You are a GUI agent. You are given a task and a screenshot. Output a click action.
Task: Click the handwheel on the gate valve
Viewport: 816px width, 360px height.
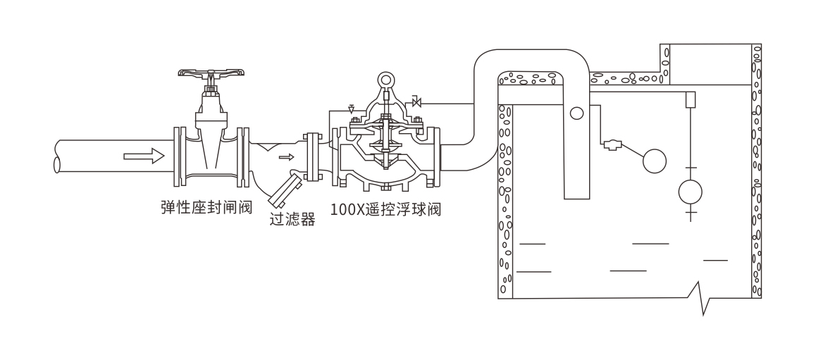[212, 73]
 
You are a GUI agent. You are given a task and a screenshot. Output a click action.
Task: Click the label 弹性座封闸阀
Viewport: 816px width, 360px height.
[206, 207]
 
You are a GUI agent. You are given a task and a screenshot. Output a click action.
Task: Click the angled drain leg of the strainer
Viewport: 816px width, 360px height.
[285, 192]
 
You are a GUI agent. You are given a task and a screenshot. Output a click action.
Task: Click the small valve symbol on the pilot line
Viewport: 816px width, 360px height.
[416, 104]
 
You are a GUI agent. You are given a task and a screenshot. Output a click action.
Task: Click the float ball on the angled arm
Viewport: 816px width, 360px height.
[655, 161]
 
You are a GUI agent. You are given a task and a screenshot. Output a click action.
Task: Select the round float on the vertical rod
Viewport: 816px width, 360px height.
[690, 190]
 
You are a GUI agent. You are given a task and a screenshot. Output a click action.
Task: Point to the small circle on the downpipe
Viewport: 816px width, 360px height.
[577, 112]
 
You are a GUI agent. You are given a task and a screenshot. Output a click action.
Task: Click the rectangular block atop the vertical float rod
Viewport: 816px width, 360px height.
[691, 99]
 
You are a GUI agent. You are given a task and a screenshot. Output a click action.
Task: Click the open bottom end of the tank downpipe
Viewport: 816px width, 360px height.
[576, 197]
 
